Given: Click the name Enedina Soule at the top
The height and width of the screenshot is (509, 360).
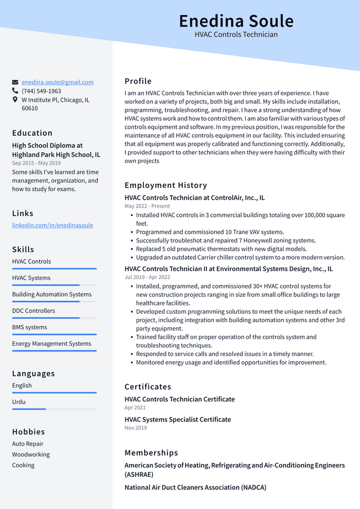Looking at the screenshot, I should (x=236, y=21).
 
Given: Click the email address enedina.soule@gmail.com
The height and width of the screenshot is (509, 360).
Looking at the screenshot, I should (x=57, y=82).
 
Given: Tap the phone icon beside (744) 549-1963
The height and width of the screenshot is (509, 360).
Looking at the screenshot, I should (x=15, y=91).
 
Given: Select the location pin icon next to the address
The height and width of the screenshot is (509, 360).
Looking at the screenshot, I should (x=15, y=100).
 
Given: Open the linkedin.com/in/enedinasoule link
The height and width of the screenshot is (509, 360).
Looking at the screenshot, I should (x=53, y=225).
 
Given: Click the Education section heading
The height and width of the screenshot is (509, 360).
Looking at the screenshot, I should (x=32, y=133).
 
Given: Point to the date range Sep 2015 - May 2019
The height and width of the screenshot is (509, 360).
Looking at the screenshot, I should (x=37, y=163).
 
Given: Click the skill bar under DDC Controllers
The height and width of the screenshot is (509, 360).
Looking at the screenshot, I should (x=54, y=318).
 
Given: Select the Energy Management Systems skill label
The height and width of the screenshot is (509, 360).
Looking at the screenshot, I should (x=52, y=344).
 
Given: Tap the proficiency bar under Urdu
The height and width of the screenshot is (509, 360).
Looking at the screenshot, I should (x=54, y=409).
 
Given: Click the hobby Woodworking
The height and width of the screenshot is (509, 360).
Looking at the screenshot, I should (x=31, y=454).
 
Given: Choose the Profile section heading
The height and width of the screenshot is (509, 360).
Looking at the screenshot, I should (x=138, y=81).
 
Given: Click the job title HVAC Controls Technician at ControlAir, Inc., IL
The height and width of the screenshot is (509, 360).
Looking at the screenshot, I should (x=195, y=197).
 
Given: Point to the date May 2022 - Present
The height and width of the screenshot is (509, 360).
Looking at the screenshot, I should (x=147, y=206).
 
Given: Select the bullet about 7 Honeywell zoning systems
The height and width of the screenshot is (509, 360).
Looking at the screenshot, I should (x=226, y=240).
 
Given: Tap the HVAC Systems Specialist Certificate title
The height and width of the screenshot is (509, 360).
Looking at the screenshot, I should (x=178, y=420).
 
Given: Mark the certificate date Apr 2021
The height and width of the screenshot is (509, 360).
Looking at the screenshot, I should (x=135, y=408).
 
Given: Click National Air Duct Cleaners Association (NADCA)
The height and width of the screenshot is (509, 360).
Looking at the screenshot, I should (x=195, y=488).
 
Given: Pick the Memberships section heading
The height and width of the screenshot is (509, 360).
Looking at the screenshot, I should (x=151, y=453).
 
